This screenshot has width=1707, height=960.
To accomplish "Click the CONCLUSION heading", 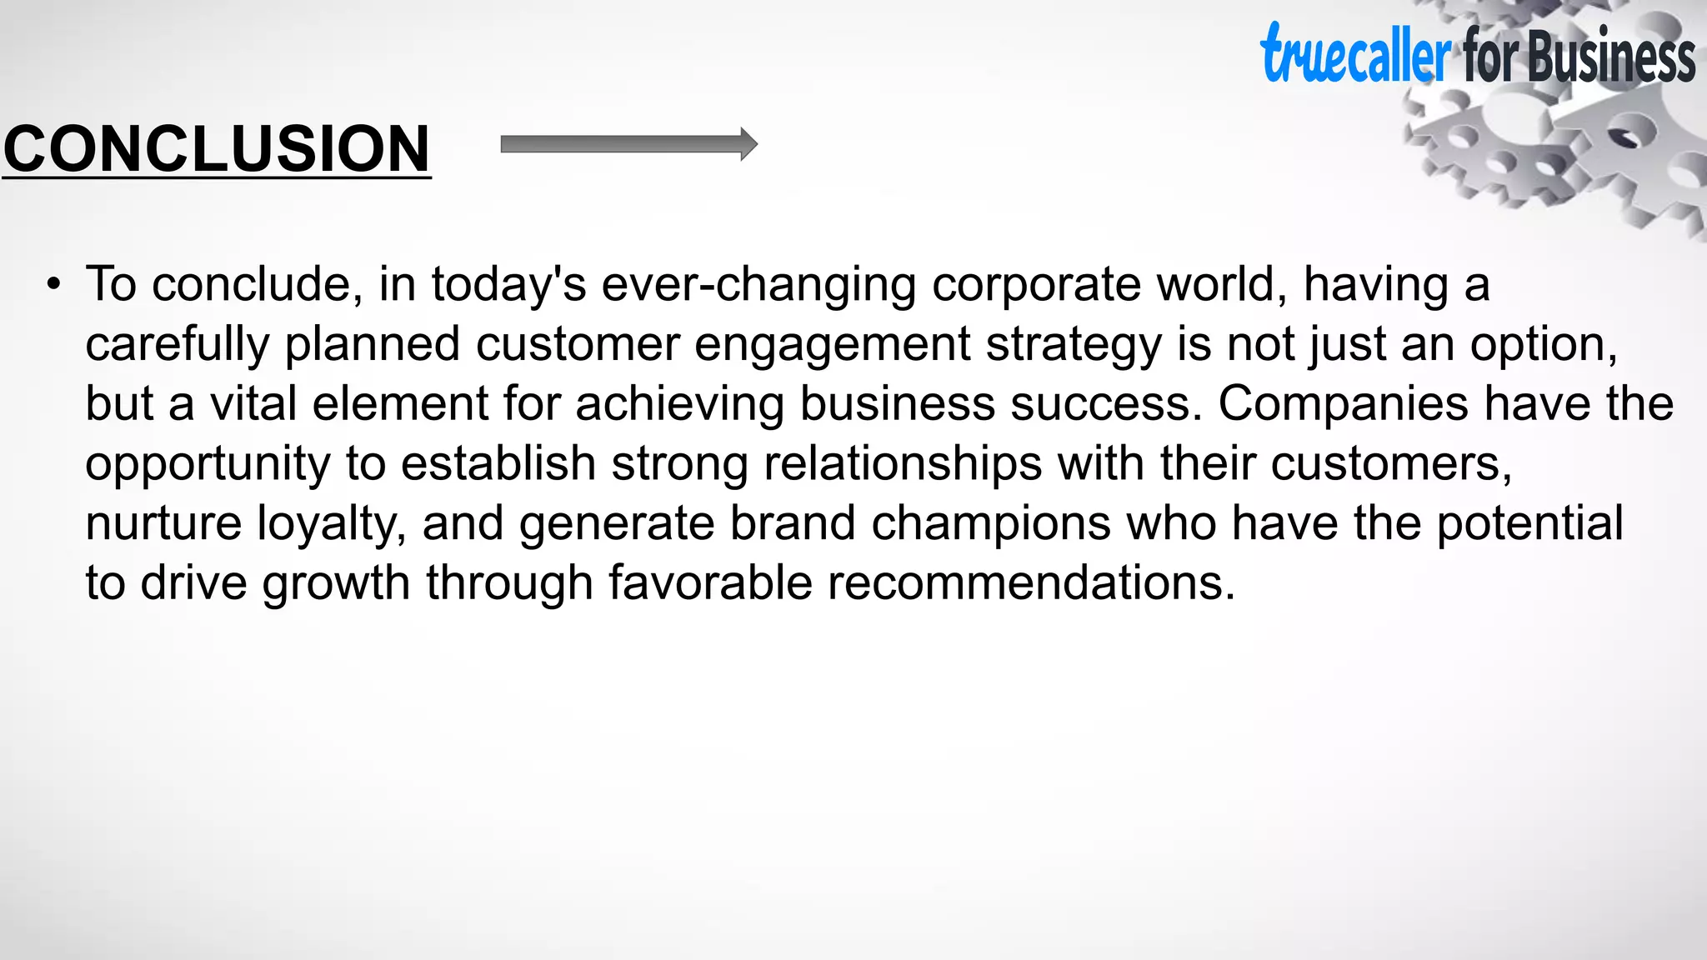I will pos(217,148).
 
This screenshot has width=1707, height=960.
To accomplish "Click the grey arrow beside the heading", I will pos(628,144).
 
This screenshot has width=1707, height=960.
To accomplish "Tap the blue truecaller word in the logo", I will pos(1355,55).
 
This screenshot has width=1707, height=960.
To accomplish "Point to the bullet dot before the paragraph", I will pos(54,284).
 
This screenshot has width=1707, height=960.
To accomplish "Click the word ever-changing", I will pos(758,284).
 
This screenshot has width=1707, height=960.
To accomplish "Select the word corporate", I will pos(1036,284).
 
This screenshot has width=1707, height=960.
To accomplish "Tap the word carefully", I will pos(178,344).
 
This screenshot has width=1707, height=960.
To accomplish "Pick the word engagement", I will pos(832,344).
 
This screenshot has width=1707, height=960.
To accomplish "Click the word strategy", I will pos(1074,344).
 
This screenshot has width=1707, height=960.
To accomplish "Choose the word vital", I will pos(253,403).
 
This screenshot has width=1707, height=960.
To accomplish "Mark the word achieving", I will pos(679,403).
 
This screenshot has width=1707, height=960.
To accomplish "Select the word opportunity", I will pos(208,463).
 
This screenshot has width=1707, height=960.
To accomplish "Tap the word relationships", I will pos(903,463).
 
